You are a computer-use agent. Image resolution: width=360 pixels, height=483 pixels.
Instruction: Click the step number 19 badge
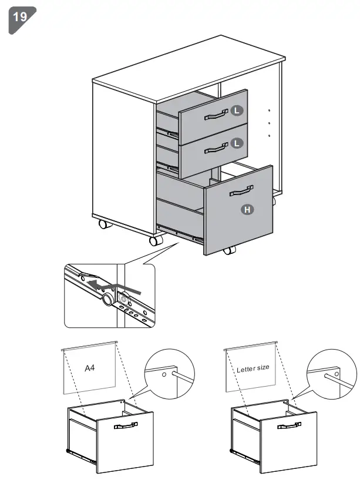(20, 17)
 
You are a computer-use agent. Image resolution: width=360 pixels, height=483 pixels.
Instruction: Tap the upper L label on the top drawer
(236, 110)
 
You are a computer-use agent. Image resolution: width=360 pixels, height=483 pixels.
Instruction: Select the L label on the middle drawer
(236, 143)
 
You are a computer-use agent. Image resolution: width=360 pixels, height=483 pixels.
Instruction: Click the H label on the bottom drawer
(248, 209)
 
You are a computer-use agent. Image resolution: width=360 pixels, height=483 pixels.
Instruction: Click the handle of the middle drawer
(216, 149)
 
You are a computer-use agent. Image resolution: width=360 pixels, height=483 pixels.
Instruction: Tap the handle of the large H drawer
(241, 190)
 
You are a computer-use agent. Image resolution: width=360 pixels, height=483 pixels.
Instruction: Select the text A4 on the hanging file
(90, 368)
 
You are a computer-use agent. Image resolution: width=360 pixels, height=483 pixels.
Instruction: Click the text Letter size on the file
(253, 368)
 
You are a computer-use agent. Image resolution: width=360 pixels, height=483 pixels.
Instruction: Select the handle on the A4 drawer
(125, 425)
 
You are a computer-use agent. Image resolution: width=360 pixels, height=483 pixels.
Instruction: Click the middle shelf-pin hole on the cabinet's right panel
(269, 123)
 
